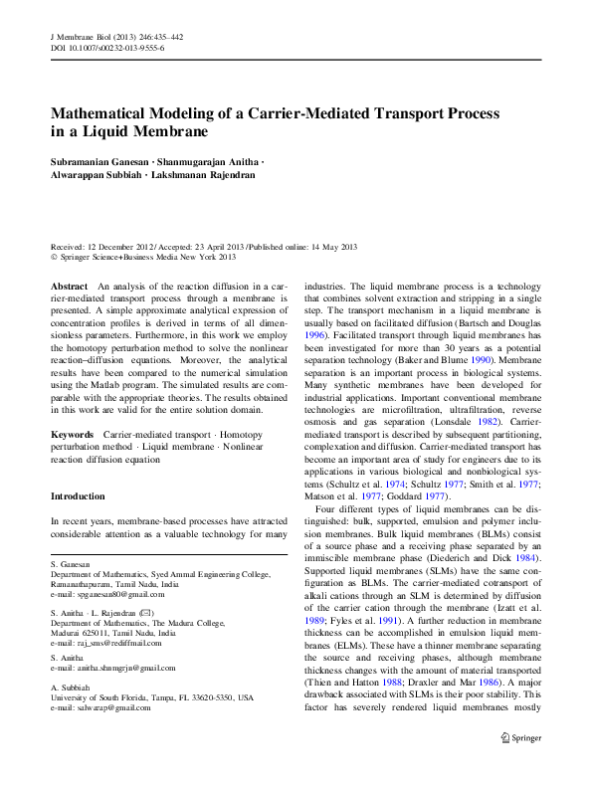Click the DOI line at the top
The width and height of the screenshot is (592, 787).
(107, 47)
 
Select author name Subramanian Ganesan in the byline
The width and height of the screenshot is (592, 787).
(99, 160)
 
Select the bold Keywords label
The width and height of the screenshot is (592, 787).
(72, 435)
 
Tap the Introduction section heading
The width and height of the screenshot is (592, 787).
(78, 495)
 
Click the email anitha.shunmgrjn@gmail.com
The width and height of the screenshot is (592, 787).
(122, 669)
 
